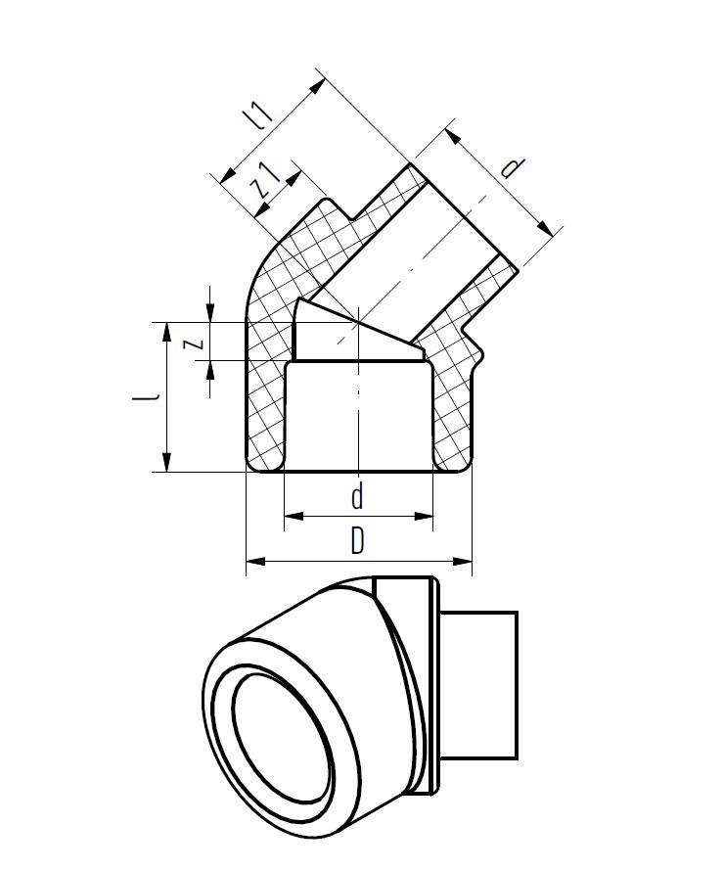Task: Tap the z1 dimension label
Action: (x=265, y=182)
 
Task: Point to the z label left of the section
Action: (x=195, y=342)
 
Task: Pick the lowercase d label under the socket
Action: (x=357, y=498)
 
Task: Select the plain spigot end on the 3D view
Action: (x=479, y=685)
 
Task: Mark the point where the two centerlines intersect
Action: (x=359, y=321)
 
